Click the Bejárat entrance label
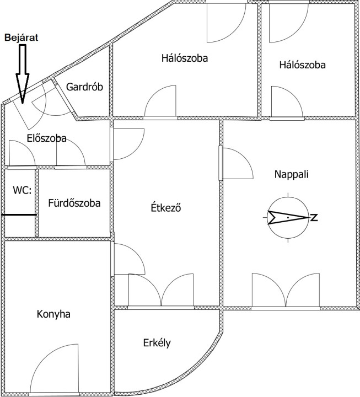(22, 38)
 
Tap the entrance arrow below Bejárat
(22, 74)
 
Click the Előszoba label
(46, 138)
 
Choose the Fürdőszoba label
(74, 203)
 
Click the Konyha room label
(53, 314)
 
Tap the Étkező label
(166, 208)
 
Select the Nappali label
(292, 174)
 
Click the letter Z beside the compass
(314, 218)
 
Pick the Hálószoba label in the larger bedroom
(185, 57)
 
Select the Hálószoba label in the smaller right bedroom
(302, 65)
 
